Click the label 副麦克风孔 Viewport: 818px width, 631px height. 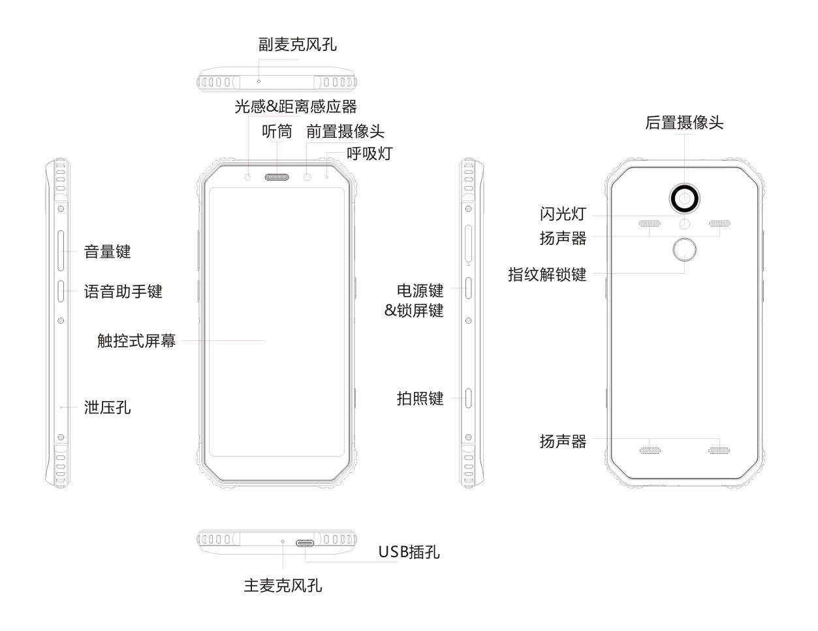coord(298,45)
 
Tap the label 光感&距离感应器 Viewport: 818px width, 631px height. coord(296,106)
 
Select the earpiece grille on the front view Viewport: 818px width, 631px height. coord(277,177)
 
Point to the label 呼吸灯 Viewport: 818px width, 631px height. coord(370,154)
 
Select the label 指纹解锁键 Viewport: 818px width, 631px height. coord(547,274)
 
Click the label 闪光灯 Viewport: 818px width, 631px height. coord(563,214)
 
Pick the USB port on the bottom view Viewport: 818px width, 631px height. coord(306,542)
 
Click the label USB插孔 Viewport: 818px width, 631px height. coord(409,552)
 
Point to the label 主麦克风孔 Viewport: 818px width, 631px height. coord(283,585)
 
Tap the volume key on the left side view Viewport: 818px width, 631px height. coord(61,251)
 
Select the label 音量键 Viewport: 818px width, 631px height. coord(108,251)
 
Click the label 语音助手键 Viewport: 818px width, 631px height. coord(123,291)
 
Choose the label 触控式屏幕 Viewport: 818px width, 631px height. coord(136,340)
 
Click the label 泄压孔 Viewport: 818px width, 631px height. coord(108,408)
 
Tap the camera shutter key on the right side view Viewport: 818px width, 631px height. coord(469,397)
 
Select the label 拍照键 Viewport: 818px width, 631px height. coord(420,398)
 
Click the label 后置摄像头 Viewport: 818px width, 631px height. coord(684,123)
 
